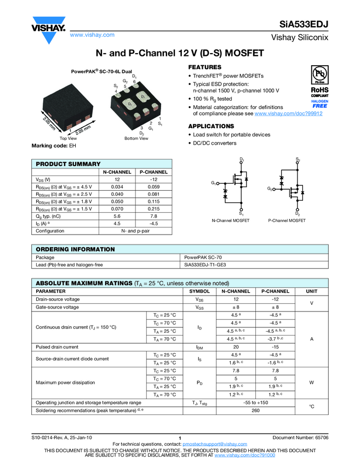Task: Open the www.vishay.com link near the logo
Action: [x=92, y=35]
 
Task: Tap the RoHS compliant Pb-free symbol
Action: [x=319, y=78]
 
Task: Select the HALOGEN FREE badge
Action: [x=319, y=104]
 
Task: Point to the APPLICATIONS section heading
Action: [x=211, y=126]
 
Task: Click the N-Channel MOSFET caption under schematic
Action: [x=231, y=220]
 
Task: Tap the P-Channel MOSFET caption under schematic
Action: [x=287, y=220]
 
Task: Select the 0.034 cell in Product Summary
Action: [x=116, y=187]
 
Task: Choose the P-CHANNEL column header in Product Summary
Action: [x=154, y=172]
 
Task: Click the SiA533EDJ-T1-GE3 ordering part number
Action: [x=205, y=264]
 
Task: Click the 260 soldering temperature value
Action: [x=255, y=410]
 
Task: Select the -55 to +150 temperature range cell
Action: [x=255, y=402]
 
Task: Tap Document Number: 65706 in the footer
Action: [x=300, y=437]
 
